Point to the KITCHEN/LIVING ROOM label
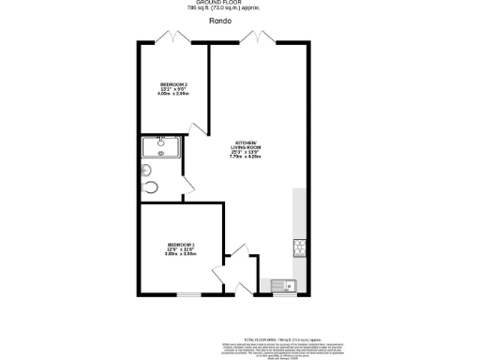click(247, 146)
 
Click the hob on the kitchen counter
click(300, 247)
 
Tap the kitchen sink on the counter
click(282, 285)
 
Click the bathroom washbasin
click(147, 170)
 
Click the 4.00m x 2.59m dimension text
click(174, 93)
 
